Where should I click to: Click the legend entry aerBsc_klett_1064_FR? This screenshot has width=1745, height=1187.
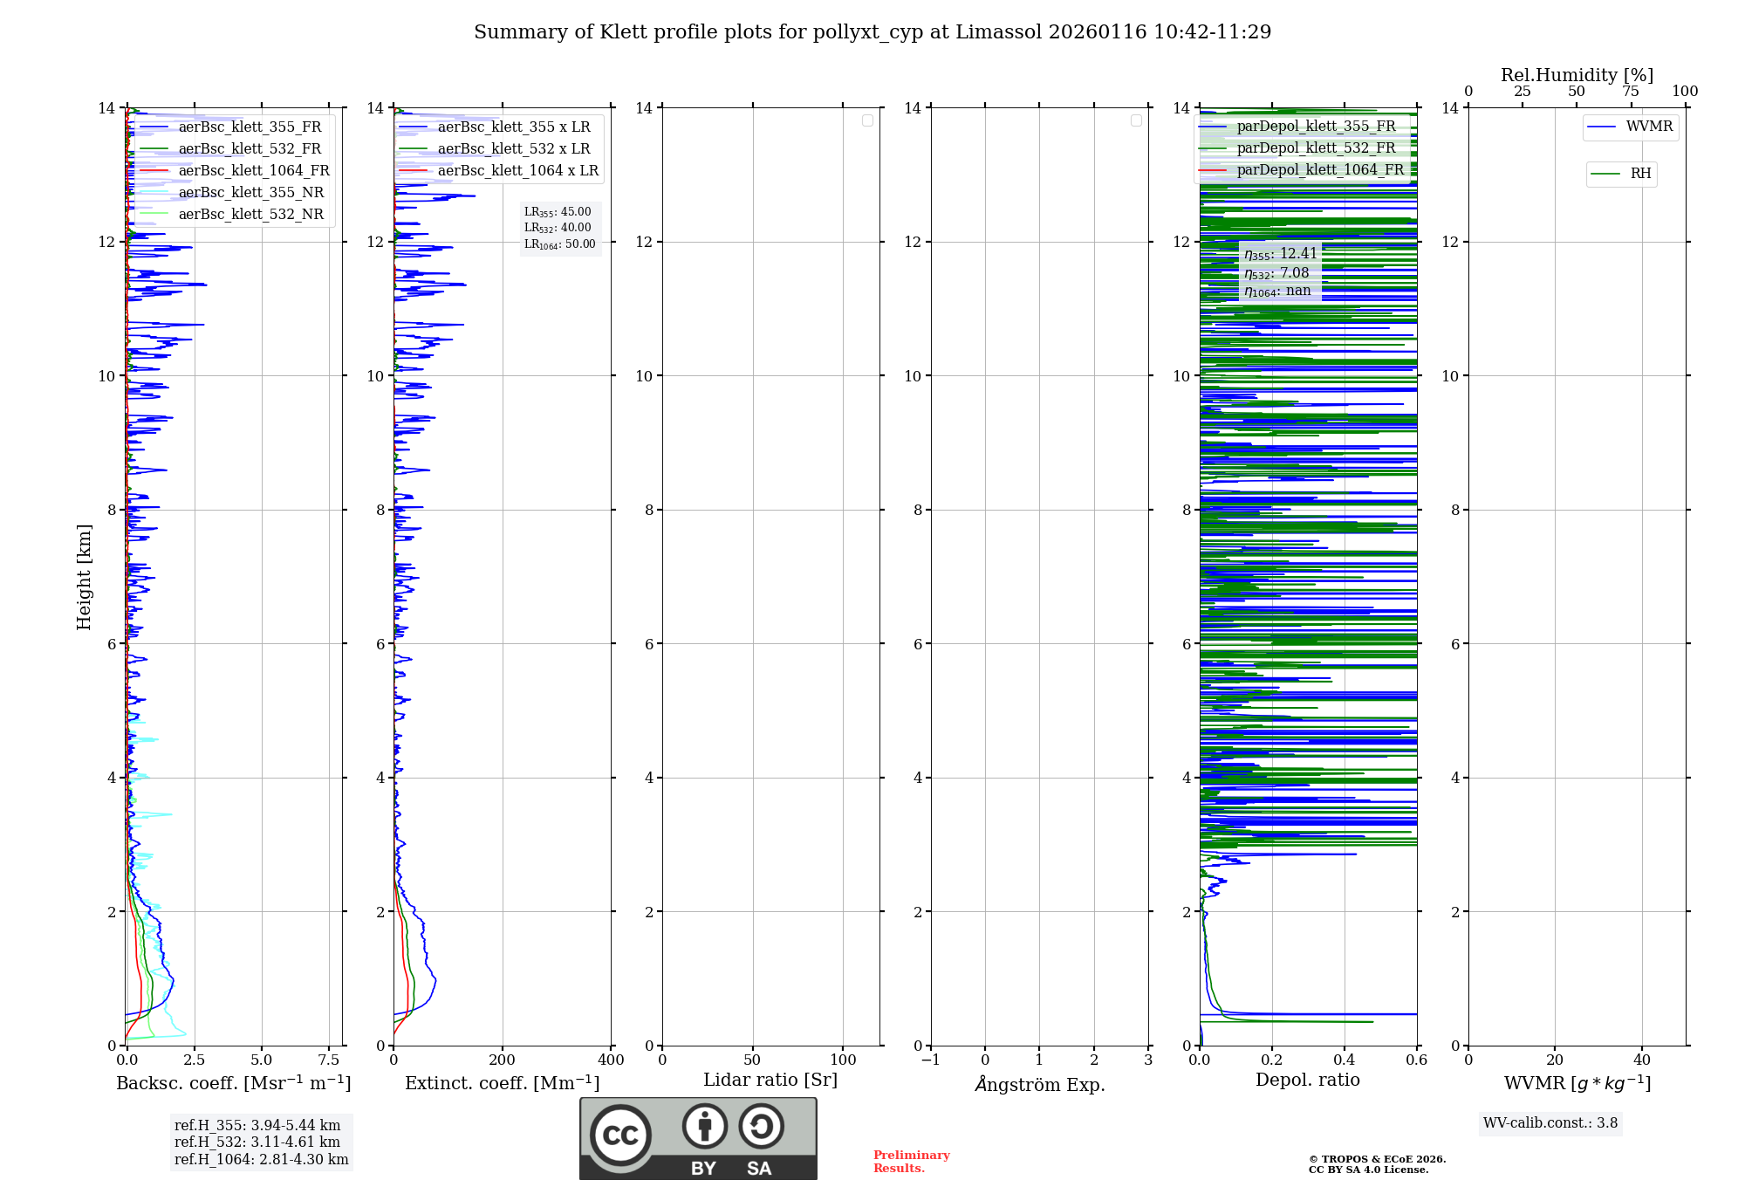pyautogui.click(x=253, y=171)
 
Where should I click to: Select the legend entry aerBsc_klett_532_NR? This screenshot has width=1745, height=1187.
pyautogui.click(x=250, y=215)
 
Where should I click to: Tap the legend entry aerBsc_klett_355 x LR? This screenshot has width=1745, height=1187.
pyautogui.click(x=513, y=127)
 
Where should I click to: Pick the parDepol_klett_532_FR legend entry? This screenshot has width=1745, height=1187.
pyautogui.click(x=1316, y=148)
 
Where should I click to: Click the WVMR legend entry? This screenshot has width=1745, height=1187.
pyautogui.click(x=1649, y=127)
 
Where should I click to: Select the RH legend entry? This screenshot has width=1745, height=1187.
pyautogui.click(x=1640, y=174)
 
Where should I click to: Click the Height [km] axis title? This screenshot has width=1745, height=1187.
pyautogui.click(x=84, y=576)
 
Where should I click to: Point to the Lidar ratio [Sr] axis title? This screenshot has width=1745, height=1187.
pyautogui.click(x=770, y=1081)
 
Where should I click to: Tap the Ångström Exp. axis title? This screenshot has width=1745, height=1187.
pyautogui.click(x=1039, y=1085)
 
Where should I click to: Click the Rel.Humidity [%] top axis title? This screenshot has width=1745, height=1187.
pyautogui.click(x=1577, y=75)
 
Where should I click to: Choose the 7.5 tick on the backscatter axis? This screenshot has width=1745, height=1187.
pyautogui.click(x=329, y=1060)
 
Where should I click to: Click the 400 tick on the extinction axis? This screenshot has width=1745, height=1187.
pyautogui.click(x=611, y=1060)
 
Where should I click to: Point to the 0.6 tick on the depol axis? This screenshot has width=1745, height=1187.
pyautogui.click(x=1416, y=1060)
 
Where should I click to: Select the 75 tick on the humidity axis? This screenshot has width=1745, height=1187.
pyautogui.click(x=1631, y=92)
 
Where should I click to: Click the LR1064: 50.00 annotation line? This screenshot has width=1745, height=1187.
pyautogui.click(x=559, y=244)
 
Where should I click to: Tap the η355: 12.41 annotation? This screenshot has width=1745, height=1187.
pyautogui.click(x=1280, y=254)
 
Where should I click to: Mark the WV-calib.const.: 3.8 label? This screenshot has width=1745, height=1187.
pyautogui.click(x=1550, y=1123)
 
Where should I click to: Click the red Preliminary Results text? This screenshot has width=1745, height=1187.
pyautogui.click(x=911, y=1162)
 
